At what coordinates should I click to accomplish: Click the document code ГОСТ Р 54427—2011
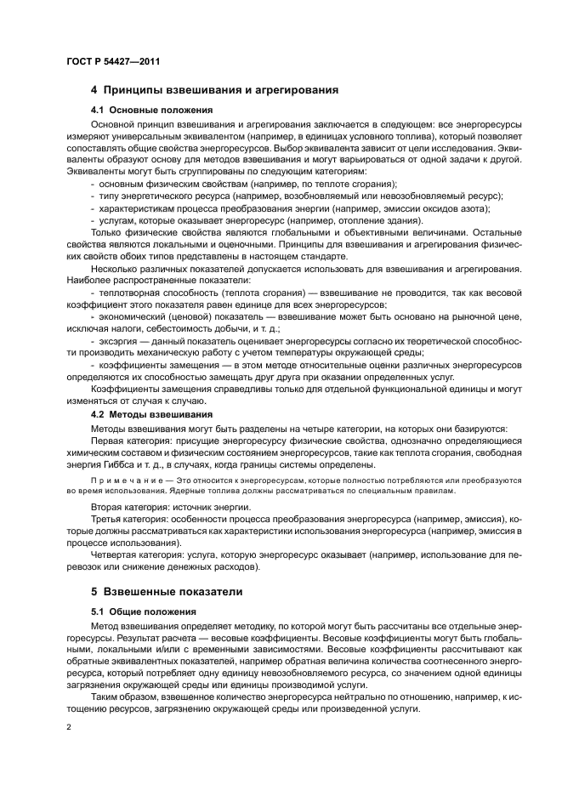click(113, 62)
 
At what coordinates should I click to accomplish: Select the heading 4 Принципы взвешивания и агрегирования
click(215, 89)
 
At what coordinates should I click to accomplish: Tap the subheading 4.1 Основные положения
click(151, 110)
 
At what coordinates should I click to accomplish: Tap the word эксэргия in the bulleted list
click(118, 340)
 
